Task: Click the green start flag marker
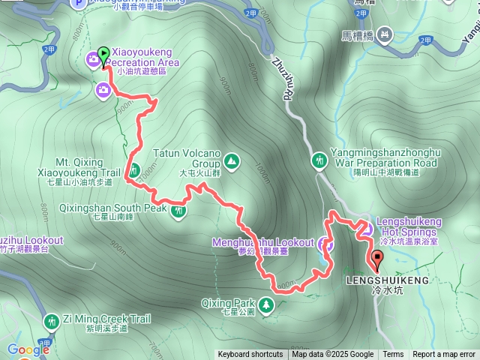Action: click(103, 52)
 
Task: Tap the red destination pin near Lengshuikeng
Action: click(376, 259)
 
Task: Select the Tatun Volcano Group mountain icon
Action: click(231, 160)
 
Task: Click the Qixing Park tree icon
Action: click(269, 304)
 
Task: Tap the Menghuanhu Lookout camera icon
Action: click(324, 243)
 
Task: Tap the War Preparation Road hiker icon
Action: click(320, 160)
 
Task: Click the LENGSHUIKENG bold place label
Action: click(388, 280)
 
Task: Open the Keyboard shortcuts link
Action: click(250, 355)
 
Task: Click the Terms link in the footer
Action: click(393, 355)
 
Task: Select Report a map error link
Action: click(444, 355)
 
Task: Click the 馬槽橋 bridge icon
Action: click(385, 34)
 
